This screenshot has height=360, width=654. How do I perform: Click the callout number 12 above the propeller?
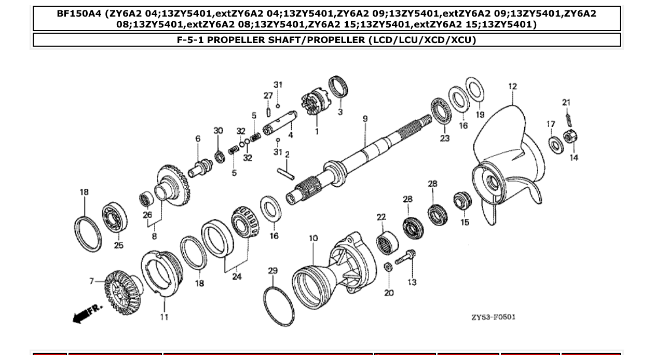(x=513, y=87)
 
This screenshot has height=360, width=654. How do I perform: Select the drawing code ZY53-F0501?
(x=493, y=317)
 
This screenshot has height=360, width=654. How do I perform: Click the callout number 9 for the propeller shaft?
(x=365, y=119)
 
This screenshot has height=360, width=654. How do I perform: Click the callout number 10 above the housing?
(x=314, y=239)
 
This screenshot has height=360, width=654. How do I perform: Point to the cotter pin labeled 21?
(x=568, y=119)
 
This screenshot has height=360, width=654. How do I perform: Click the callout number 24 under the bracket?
(x=237, y=277)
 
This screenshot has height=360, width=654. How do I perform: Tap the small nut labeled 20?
(x=388, y=267)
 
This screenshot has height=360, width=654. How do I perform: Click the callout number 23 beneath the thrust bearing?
(x=445, y=139)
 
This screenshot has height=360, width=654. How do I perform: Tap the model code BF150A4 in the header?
(x=79, y=13)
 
